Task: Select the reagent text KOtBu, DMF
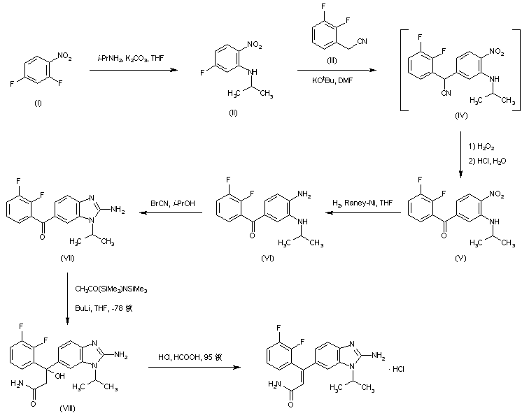pos(332,80)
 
